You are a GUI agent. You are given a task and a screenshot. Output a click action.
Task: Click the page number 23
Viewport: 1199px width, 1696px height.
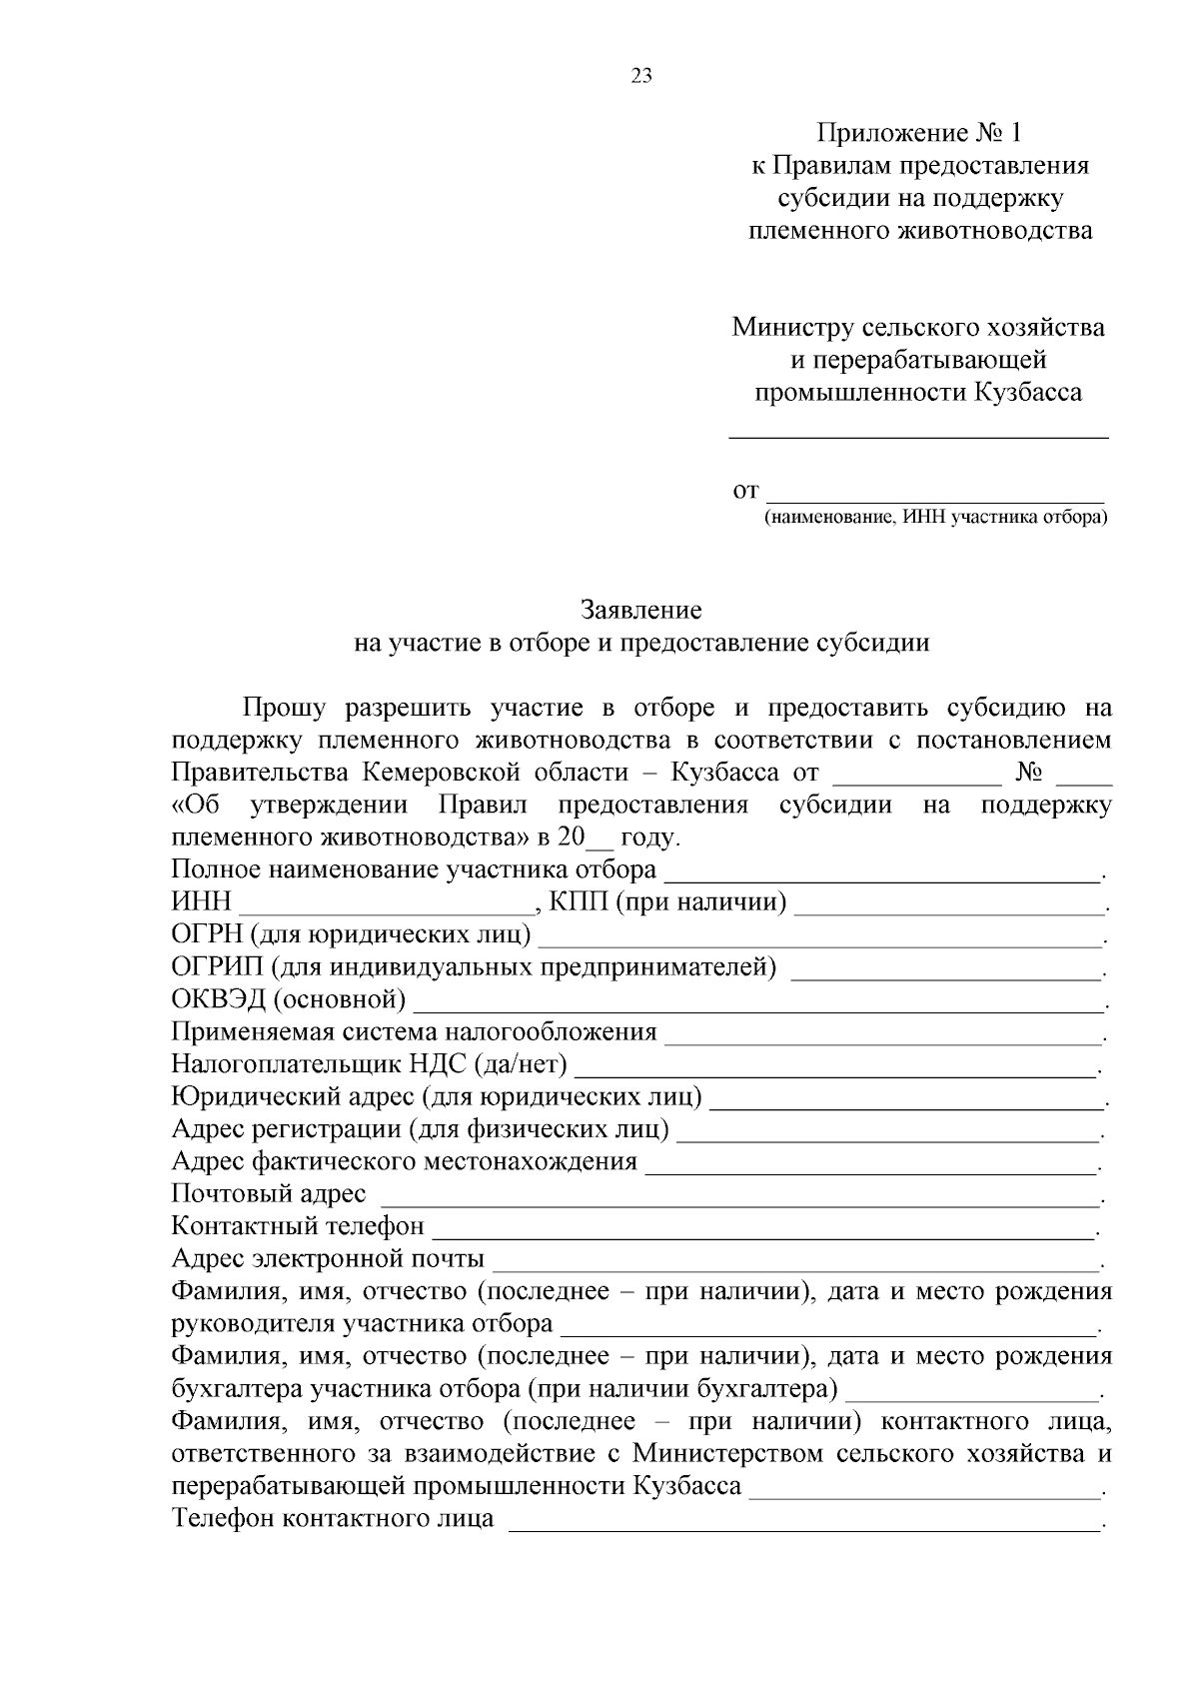tap(641, 76)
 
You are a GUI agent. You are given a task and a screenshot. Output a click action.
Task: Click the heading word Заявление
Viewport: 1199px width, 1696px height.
tap(641, 610)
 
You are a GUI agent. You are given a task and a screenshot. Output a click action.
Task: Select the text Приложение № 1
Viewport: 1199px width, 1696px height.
tap(920, 133)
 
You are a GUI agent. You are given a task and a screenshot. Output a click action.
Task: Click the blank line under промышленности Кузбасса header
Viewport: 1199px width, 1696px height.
tap(918, 435)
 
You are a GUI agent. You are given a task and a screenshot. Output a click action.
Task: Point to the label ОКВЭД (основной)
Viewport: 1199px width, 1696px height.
tap(289, 999)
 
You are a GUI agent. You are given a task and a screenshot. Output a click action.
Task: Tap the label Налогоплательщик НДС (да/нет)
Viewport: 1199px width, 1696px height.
tap(370, 1064)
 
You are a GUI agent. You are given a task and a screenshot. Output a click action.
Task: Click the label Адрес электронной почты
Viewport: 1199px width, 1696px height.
tap(328, 1258)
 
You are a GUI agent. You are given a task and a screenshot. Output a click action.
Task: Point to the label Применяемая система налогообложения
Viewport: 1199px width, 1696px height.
tap(414, 1032)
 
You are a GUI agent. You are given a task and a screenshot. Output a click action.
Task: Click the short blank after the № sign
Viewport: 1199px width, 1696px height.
tap(1083, 780)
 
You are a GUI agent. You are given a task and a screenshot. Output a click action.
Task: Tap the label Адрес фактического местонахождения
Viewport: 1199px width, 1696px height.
tap(404, 1161)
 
